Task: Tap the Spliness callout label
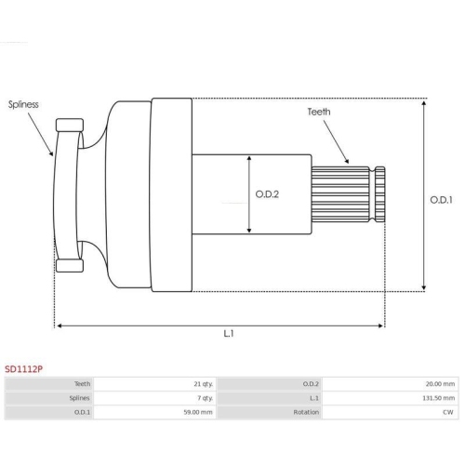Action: click(23, 104)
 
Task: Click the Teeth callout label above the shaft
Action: click(319, 112)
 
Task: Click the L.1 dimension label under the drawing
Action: click(228, 333)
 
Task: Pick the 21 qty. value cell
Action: click(200, 383)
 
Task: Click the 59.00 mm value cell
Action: click(198, 411)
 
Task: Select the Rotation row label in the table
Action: click(306, 411)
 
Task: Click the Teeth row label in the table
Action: click(83, 383)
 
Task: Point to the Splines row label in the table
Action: click(81, 397)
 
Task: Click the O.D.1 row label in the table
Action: click(82, 411)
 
